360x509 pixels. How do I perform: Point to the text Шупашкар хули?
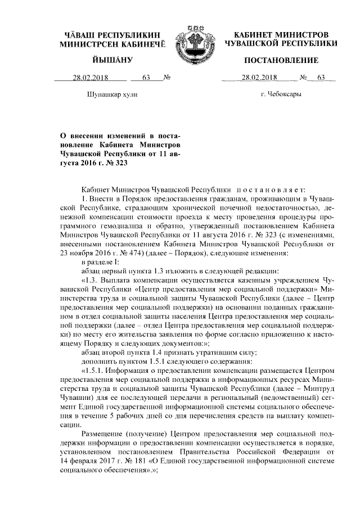(111, 94)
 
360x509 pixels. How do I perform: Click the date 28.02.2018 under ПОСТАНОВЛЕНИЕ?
(260, 78)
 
